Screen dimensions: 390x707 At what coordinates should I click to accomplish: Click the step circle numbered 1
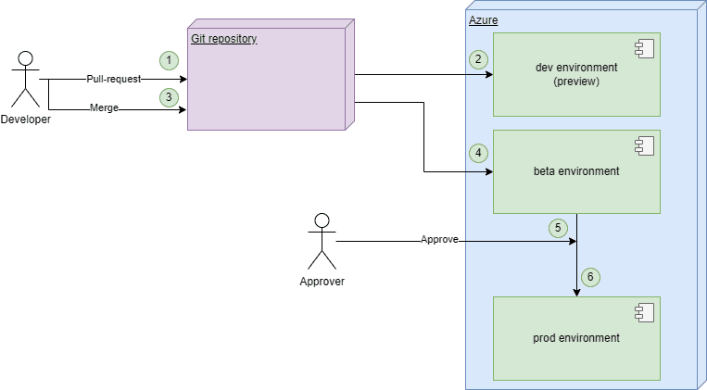[x=168, y=60]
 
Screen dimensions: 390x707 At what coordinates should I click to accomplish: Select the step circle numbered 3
[x=168, y=96]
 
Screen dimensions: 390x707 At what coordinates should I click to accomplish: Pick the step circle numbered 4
[x=478, y=152]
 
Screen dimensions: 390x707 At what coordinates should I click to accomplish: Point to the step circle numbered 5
[x=557, y=227]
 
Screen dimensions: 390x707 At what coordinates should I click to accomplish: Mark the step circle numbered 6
[x=590, y=276]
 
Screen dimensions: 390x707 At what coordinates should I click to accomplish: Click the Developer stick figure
[x=25, y=80]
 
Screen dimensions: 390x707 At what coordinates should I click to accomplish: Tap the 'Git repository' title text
[x=223, y=39]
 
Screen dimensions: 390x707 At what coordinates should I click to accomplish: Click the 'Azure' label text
[x=483, y=19]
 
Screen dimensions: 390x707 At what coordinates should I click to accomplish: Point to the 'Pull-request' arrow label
[x=113, y=80]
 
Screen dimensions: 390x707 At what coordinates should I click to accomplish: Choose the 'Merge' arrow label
[x=104, y=108]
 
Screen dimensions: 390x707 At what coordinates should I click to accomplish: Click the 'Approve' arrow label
[x=439, y=239]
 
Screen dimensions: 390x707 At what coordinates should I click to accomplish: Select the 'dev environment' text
[x=576, y=68]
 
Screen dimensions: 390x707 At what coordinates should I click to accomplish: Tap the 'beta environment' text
[x=576, y=171]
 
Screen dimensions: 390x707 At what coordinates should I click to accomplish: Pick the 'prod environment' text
[x=576, y=338]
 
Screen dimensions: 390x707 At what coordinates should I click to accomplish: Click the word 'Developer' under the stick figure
[x=26, y=119]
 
